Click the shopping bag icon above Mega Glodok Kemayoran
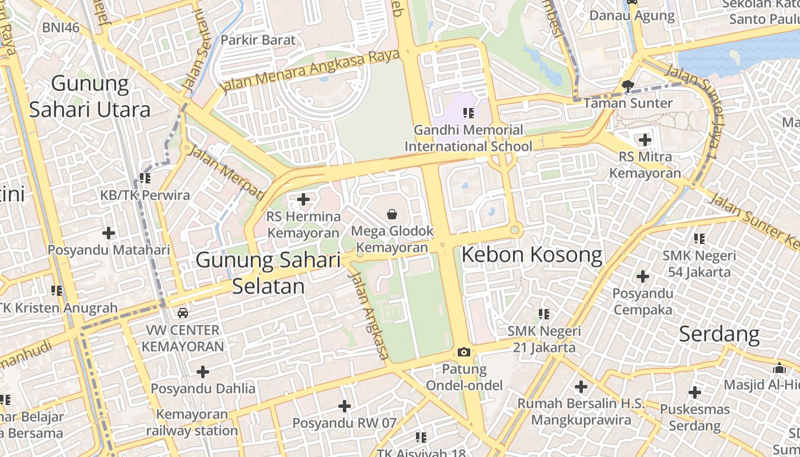(x=392, y=214)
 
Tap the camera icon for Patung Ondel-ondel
(x=463, y=352)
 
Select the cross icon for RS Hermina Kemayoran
(x=303, y=199)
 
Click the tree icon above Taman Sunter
(x=627, y=86)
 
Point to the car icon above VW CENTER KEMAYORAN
(x=182, y=312)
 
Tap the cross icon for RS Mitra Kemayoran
(x=645, y=139)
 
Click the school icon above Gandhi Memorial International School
(x=469, y=113)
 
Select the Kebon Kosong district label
(x=531, y=255)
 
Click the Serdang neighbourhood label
(x=719, y=334)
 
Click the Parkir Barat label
(x=258, y=40)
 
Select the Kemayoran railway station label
(x=191, y=423)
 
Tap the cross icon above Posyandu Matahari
(x=109, y=233)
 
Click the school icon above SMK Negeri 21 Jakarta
(x=543, y=314)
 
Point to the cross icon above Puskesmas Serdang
(x=695, y=392)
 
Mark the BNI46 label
(x=61, y=27)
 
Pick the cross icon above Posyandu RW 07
(x=344, y=406)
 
